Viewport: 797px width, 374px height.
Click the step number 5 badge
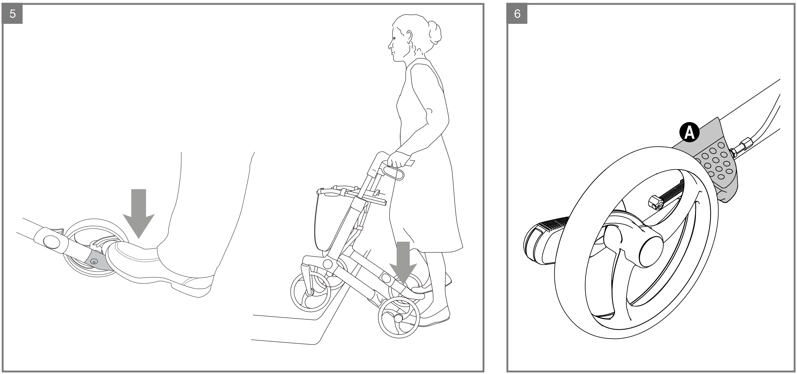tap(13, 14)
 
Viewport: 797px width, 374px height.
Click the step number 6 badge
tap(517, 14)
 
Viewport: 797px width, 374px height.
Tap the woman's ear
tap(409, 36)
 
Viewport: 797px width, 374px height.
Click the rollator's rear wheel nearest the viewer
tap(399, 317)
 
